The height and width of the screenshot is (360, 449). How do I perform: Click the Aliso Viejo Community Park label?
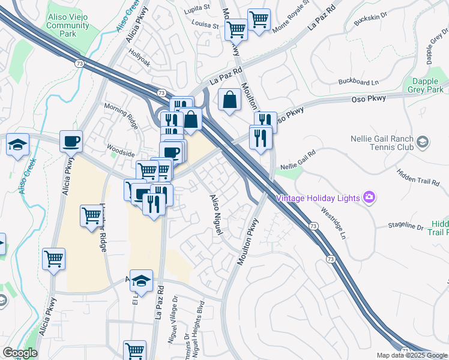(68, 26)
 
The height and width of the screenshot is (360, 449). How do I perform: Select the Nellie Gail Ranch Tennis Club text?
(382, 142)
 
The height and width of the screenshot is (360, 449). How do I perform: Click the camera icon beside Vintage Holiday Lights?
(369, 197)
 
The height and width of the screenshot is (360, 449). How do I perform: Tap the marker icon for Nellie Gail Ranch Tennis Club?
(423, 142)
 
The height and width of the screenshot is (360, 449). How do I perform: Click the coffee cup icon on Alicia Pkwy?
(71, 142)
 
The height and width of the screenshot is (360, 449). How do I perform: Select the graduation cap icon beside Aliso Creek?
(17, 145)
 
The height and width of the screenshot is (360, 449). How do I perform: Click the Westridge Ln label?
(333, 221)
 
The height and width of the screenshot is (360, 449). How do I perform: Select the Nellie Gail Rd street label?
(297, 161)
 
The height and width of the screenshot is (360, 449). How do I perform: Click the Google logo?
(20, 353)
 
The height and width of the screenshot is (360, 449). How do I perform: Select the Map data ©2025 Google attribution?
(411, 355)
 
